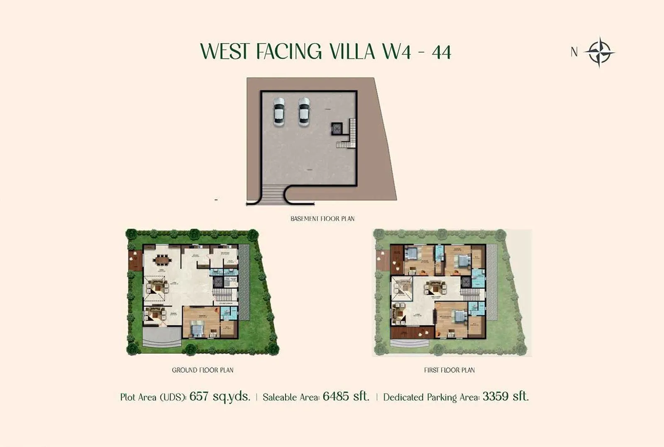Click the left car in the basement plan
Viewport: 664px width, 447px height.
[279, 111]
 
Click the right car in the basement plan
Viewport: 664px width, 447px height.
[304, 111]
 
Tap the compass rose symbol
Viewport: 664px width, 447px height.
[599, 52]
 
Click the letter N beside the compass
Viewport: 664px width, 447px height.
[574, 52]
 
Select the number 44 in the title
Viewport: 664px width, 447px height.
[441, 52]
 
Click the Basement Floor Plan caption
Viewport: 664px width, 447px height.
[322, 219]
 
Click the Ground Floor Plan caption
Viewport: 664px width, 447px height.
[203, 370]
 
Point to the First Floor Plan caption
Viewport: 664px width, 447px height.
[449, 370]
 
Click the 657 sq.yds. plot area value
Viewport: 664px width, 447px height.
[220, 396]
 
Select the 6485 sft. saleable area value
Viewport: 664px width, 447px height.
[346, 396]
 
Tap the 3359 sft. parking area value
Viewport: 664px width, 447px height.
[505, 396]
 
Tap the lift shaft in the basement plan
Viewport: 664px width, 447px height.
[337, 129]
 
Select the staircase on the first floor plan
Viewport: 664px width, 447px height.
[471, 294]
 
